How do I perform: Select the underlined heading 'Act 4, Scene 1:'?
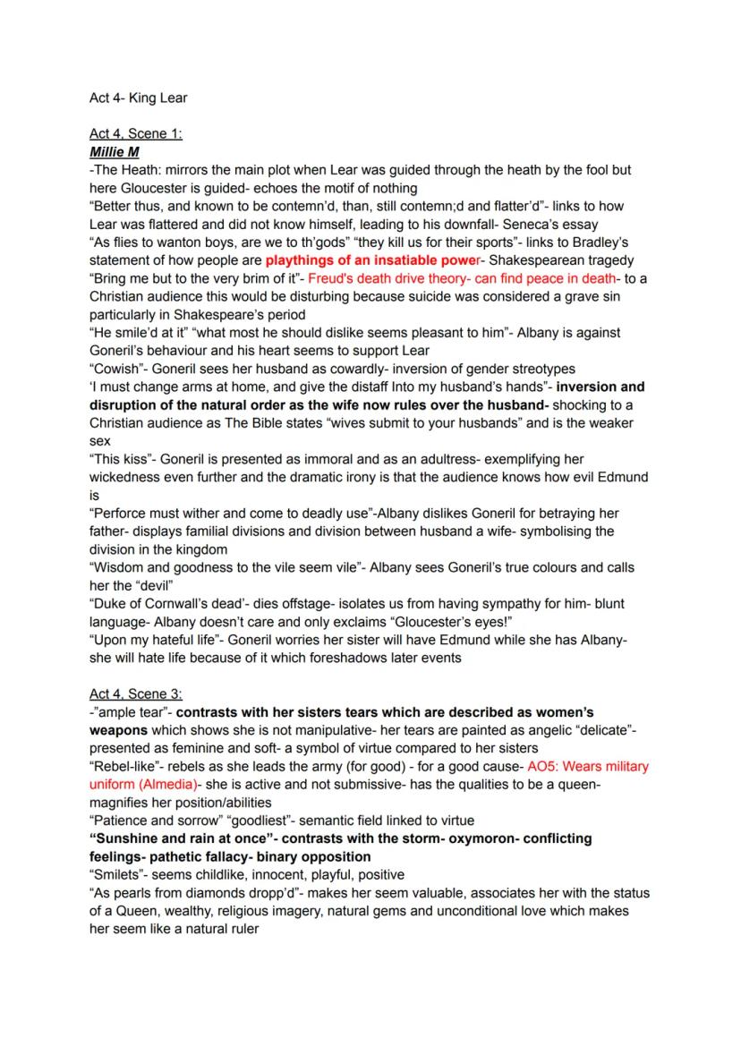135,134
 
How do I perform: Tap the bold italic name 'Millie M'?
115,152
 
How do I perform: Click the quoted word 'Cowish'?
116,369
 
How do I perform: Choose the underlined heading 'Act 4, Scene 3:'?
135,693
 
